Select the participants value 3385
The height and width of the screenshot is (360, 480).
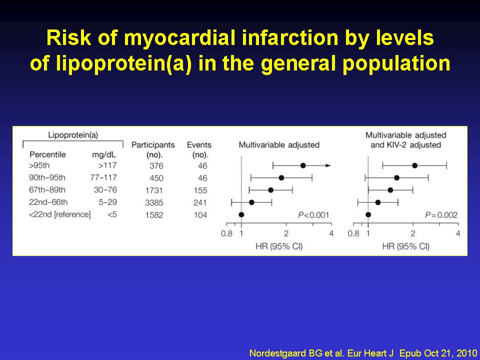pyautogui.click(x=153, y=202)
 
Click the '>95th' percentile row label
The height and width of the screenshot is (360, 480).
pyautogui.click(x=40, y=165)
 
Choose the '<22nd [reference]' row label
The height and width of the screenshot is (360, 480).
pyautogui.click(x=60, y=214)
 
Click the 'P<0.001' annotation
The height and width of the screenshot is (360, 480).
pyautogui.click(x=313, y=215)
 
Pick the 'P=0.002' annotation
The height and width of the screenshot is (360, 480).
pyautogui.click(x=441, y=215)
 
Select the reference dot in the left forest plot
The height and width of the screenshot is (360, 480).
pyautogui.click(x=241, y=214)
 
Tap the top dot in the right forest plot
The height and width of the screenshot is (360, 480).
pyautogui.click(x=414, y=165)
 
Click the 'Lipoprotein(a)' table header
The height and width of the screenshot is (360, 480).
pyautogui.click(x=72, y=134)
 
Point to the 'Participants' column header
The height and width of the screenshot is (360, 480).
pyautogui.click(x=153, y=144)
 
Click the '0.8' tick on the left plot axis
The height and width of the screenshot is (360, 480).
pyautogui.click(x=226, y=233)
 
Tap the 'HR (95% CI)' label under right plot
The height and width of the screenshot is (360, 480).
pyautogui.click(x=405, y=246)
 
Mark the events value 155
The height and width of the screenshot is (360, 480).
pyautogui.click(x=200, y=190)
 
